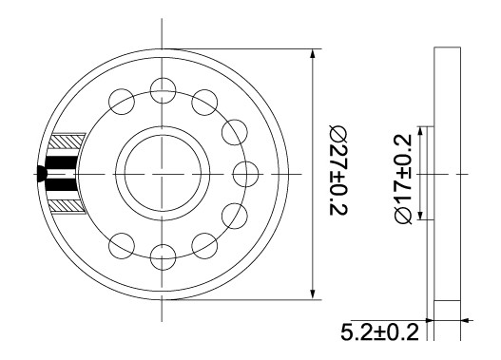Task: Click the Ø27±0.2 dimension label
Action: [338, 170]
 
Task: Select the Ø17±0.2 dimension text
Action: [403, 179]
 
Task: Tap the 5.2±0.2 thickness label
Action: [379, 332]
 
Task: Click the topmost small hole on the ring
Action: [163, 90]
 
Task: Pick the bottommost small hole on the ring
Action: [163, 256]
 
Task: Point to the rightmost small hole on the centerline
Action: [245, 174]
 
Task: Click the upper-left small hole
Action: [122, 102]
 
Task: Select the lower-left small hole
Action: [122, 246]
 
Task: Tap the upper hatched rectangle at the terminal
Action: [67, 142]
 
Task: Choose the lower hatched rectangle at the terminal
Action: [67, 206]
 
